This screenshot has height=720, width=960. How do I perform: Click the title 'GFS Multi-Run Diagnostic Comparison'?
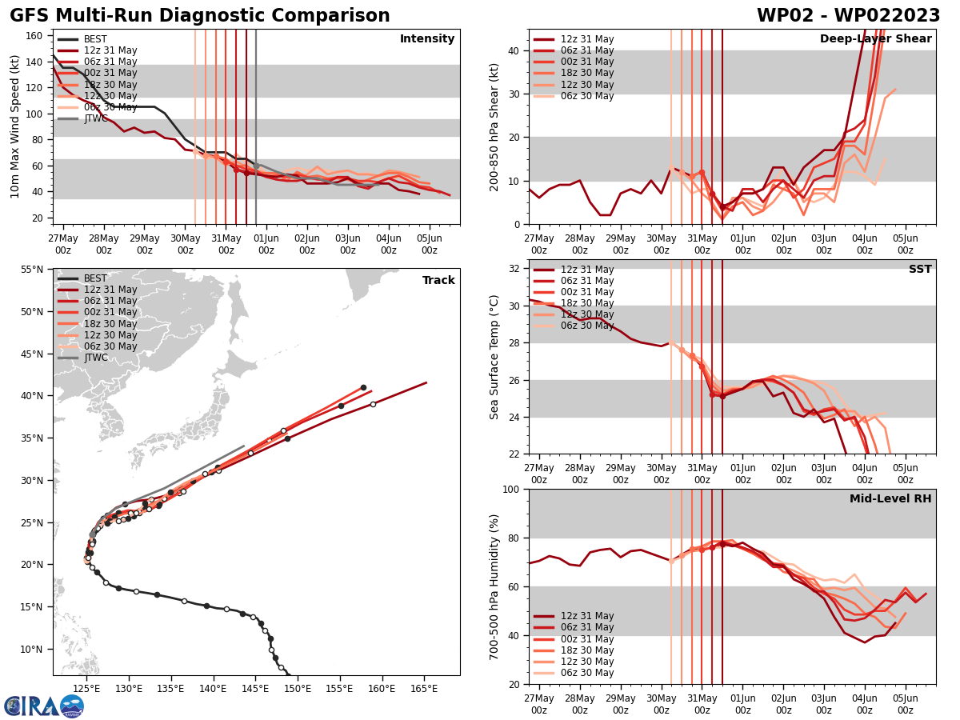200,16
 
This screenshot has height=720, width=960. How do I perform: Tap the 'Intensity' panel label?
427,39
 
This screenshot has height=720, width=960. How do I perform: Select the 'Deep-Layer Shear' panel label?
875,39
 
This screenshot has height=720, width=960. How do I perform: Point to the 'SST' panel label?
919,270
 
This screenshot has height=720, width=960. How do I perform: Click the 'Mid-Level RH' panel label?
890,499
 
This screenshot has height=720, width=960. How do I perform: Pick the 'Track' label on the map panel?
438,281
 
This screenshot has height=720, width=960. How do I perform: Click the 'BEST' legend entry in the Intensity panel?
95,39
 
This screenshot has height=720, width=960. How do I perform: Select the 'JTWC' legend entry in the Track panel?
95,358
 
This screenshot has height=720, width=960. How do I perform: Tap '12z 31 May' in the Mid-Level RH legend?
586,616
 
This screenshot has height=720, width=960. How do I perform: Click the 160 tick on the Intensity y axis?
36,36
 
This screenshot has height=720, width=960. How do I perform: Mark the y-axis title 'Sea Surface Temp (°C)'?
495,357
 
